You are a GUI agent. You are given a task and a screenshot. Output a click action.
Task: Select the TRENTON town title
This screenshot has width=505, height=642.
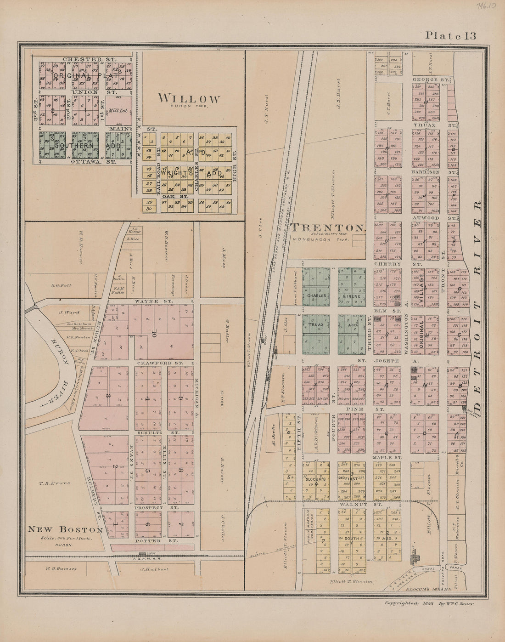click(328, 227)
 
